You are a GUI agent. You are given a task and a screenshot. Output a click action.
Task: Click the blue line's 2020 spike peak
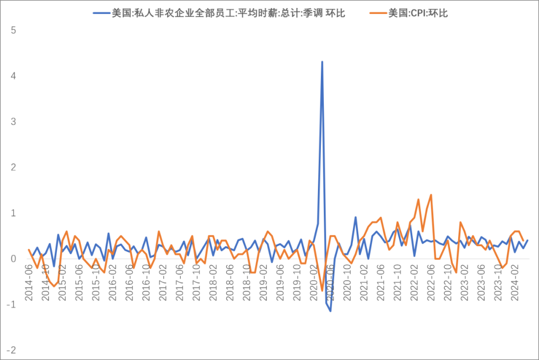322,61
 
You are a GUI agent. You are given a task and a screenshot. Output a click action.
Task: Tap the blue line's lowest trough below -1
330,311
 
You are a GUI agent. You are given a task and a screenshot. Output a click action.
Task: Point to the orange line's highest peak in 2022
431,195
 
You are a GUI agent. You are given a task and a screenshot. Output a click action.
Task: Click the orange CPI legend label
418,13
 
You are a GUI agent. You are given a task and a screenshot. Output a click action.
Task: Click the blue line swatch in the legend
102,13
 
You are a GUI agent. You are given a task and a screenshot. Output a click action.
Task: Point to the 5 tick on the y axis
14,30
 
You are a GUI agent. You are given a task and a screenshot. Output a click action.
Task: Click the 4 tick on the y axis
14,76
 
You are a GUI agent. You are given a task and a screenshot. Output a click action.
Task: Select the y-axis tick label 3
14,122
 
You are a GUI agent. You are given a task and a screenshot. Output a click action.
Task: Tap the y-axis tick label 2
14,167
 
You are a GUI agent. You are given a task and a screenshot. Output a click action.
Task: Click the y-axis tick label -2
12,350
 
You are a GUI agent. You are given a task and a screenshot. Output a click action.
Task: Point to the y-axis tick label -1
12,305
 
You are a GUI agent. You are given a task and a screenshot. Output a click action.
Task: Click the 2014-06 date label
29,283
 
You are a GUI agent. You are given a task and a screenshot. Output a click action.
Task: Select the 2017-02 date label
163,283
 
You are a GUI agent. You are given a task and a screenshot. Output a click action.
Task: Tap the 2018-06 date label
230,283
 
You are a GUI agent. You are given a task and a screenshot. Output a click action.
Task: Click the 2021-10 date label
397,283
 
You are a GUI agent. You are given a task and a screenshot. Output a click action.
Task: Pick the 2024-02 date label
514,283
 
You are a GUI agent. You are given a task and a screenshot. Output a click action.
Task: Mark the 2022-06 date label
431,283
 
